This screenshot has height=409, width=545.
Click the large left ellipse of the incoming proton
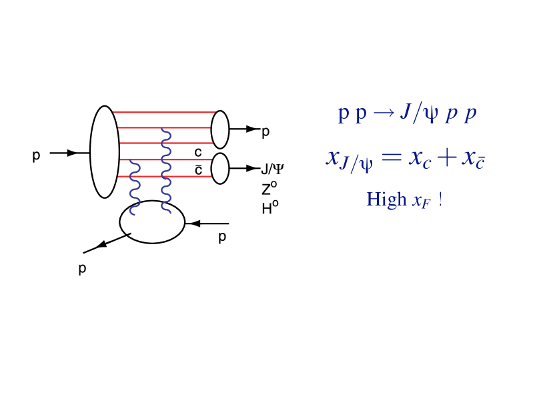click(x=104, y=152)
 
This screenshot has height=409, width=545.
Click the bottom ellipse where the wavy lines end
click(x=152, y=222)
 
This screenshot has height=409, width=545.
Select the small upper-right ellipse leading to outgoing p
click(x=219, y=129)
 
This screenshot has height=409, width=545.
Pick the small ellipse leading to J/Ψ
click(x=219, y=168)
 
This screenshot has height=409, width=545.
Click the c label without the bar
click(x=198, y=152)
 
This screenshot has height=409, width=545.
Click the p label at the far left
click(x=36, y=155)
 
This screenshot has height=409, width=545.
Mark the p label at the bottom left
click(x=82, y=269)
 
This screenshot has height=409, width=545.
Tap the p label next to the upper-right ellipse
click(x=265, y=132)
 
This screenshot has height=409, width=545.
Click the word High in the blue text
click(x=386, y=199)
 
